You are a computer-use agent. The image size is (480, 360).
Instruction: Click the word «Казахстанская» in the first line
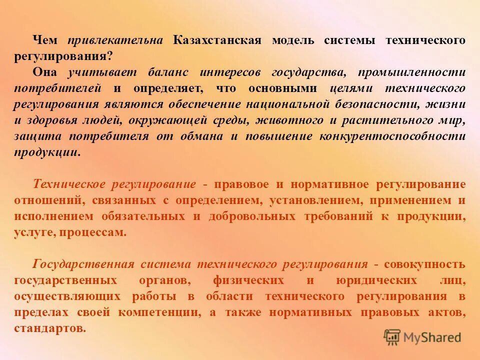pyautogui.click(x=217, y=40)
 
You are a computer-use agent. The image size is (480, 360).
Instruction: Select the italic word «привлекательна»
pyautogui.click(x=115, y=40)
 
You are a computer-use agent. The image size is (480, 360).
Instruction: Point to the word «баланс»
pyautogui.click(x=168, y=72)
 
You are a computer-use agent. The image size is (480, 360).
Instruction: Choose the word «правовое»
pyautogui.click(x=241, y=184)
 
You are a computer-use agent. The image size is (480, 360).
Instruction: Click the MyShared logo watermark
pyautogui.click(x=422, y=337)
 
